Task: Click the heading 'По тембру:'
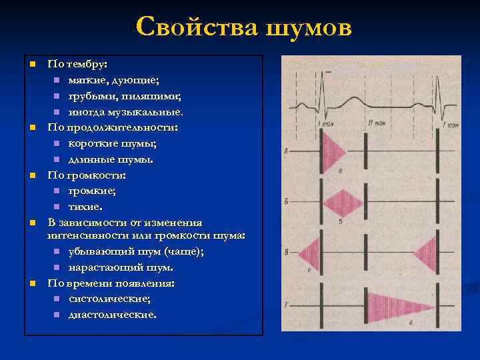point(77,65)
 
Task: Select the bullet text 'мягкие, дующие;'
point(114,81)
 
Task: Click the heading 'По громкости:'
point(86,175)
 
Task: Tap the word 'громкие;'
point(93,191)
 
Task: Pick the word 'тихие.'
point(86,207)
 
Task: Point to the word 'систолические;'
point(109,299)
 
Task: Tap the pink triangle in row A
point(331,151)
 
